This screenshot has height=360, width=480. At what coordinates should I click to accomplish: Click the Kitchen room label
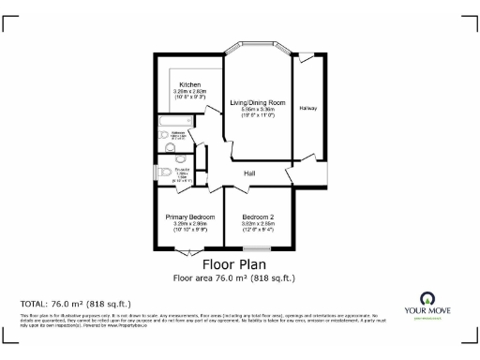tap(189, 84)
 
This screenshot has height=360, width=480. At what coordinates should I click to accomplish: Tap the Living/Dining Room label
tap(257, 101)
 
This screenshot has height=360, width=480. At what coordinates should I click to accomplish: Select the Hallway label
tap(308, 109)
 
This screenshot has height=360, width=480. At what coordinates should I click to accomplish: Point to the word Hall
tap(251, 173)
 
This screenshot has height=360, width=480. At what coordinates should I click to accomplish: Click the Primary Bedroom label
tap(190, 217)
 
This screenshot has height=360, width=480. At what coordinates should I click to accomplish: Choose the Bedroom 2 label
tap(257, 217)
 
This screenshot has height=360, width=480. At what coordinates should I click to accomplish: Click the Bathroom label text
tap(178, 135)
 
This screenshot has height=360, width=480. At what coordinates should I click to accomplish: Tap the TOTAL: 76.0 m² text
tap(75, 304)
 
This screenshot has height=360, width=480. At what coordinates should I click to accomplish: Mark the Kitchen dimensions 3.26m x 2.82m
tap(189, 91)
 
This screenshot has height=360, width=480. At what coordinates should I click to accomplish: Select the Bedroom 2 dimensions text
tap(257, 224)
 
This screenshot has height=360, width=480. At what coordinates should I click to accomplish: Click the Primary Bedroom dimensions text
tap(190, 224)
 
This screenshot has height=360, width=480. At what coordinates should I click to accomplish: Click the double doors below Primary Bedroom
tap(188, 253)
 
